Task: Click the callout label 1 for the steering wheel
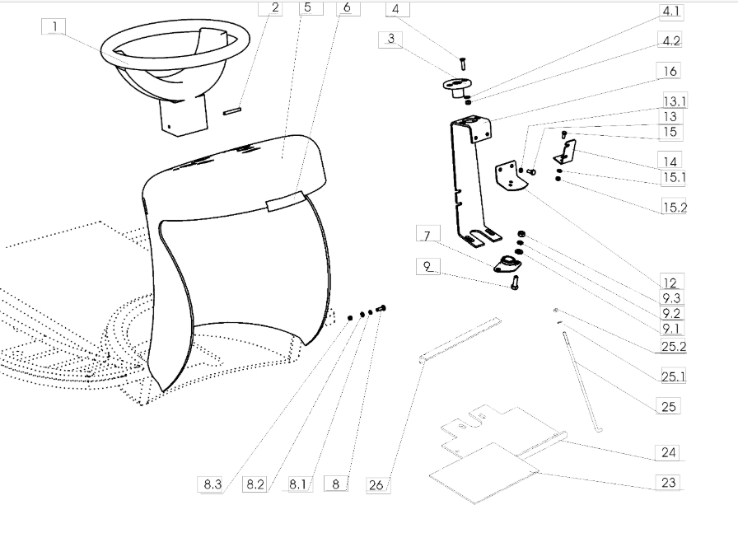pos(54,27)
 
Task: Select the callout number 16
pos(670,71)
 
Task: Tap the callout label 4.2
pos(670,41)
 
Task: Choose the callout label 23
pos(668,483)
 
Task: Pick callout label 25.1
pos(674,376)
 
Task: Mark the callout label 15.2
pos(675,207)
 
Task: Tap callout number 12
pos(670,283)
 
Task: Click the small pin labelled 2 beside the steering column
pos(232,111)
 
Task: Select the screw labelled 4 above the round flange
pos(463,63)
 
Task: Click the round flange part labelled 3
pos(457,86)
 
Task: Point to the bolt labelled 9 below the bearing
pos(515,283)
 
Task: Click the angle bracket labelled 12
pos(509,177)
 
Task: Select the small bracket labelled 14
pos(565,152)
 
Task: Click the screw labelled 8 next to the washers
pos(381,309)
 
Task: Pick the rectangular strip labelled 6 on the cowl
pos(286,200)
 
